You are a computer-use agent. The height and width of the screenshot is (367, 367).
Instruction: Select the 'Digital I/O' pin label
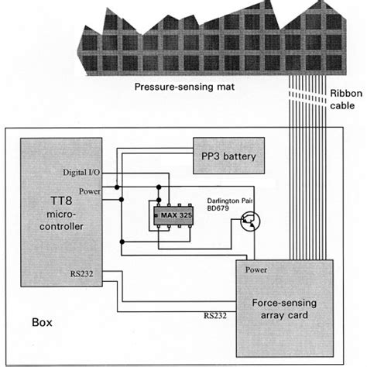(81, 171)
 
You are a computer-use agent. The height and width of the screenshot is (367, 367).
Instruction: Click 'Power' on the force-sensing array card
(256, 270)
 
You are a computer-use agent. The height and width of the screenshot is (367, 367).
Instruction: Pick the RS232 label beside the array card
(217, 315)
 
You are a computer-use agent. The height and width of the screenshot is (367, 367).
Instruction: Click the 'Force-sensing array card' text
(283, 310)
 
